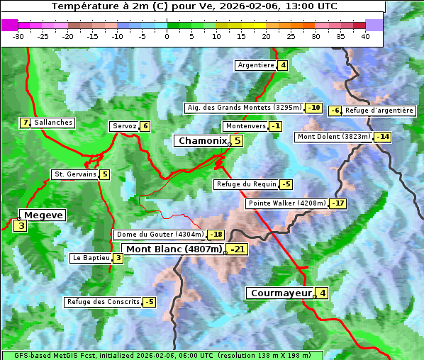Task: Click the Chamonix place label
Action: tap(202, 141)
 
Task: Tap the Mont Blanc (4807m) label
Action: tap(174, 249)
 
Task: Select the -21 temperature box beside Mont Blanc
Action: tap(238, 249)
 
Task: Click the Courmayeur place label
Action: tap(281, 293)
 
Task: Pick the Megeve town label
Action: tap(43, 215)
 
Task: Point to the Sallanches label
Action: tap(52, 123)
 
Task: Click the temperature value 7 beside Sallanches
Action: tap(26, 123)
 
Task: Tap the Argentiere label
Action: tap(256, 65)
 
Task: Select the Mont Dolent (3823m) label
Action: tap(334, 137)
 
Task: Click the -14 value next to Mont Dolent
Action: tap(383, 137)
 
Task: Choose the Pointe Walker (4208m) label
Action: tap(287, 203)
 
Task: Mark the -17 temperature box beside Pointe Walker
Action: tap(338, 203)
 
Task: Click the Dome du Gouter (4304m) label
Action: tap(160, 235)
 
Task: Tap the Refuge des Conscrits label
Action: tap(103, 302)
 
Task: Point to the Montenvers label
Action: tap(245, 126)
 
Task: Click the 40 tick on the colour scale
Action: tap(365, 35)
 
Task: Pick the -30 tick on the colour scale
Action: tap(18, 35)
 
